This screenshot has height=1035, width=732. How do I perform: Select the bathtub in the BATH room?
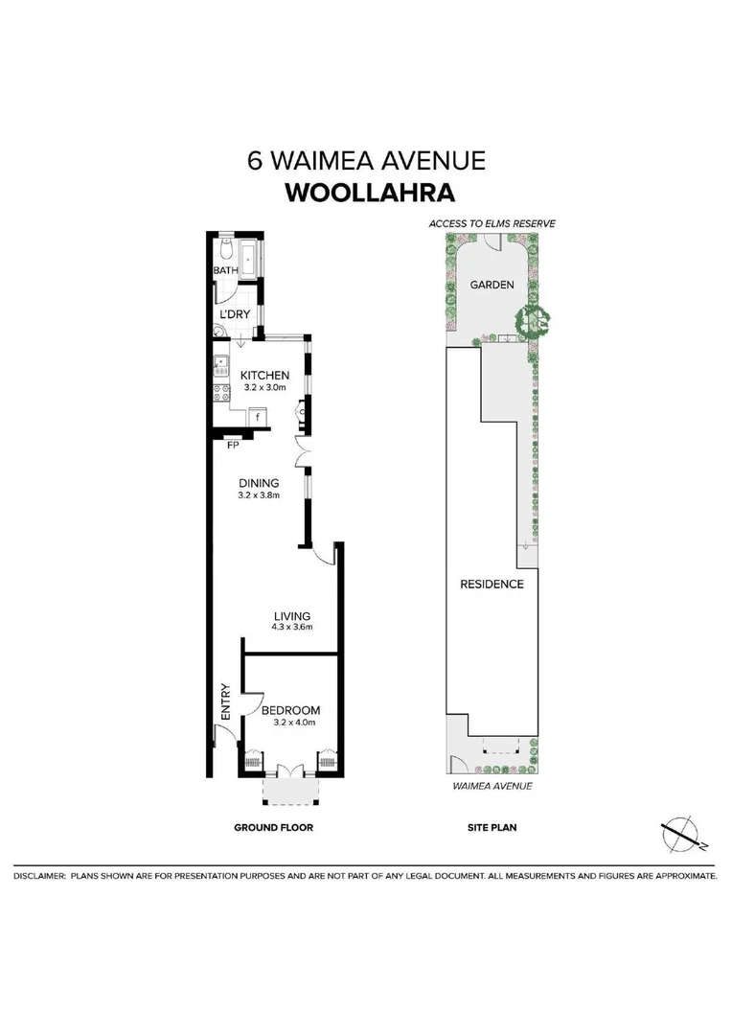249,258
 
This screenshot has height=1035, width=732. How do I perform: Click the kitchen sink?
220,363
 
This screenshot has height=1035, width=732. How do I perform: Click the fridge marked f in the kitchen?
258,416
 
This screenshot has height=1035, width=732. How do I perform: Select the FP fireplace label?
232,445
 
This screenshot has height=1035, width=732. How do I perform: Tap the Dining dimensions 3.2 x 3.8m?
260,496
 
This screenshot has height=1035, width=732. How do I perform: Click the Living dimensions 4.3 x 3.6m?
293,628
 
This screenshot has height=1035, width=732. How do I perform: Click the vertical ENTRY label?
226,701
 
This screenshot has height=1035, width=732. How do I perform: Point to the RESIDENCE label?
492,584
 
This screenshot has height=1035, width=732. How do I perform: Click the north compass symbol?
681,833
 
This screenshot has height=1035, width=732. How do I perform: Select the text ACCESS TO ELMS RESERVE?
492,222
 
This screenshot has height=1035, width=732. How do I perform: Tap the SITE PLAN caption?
492,827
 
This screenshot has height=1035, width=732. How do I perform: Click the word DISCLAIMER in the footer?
39,876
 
